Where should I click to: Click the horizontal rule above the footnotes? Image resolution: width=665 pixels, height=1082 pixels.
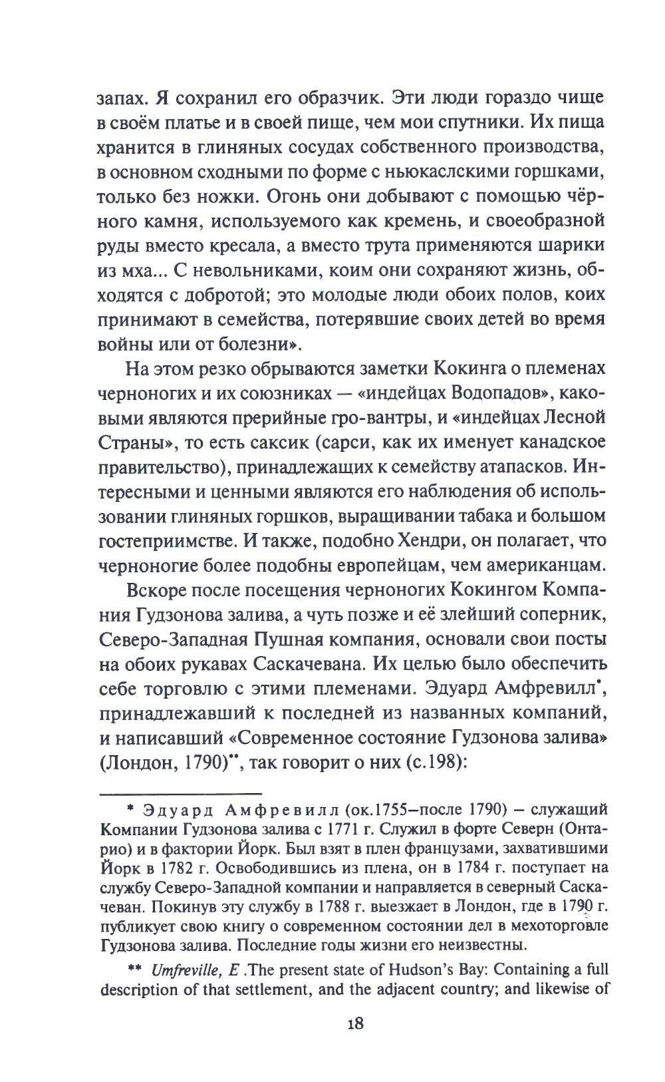click(180, 793)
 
